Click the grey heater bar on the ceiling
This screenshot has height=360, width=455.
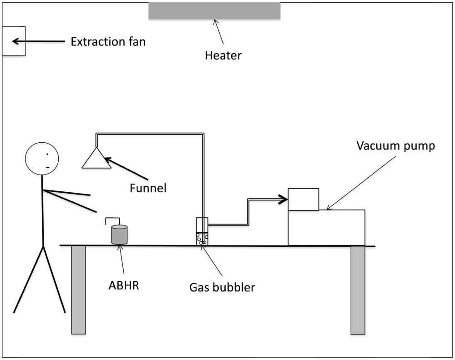pyautogui.click(x=214, y=11)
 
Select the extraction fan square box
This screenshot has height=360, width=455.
pyautogui.click(x=14, y=41)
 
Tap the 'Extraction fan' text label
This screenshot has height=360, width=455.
pyautogui.click(x=108, y=42)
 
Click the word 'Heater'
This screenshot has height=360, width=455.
pyautogui.click(x=223, y=56)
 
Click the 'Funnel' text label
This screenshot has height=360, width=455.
pyautogui.click(x=148, y=187)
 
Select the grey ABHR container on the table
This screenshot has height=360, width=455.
pyautogui.click(x=120, y=235)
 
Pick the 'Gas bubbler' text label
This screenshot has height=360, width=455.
pyautogui.click(x=222, y=287)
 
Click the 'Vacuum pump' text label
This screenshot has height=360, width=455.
pyautogui.click(x=395, y=146)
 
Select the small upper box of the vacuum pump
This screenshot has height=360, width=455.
pyautogui.click(x=303, y=200)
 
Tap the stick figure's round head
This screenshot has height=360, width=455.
pyautogui.click(x=42, y=159)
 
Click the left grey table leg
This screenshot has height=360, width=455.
pyautogui.click(x=79, y=290)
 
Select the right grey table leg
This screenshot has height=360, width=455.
pyautogui.click(x=358, y=290)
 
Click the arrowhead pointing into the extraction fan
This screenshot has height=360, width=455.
pyautogui.click(x=16, y=41)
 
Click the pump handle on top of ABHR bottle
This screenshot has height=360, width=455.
pyautogui.click(x=112, y=220)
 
